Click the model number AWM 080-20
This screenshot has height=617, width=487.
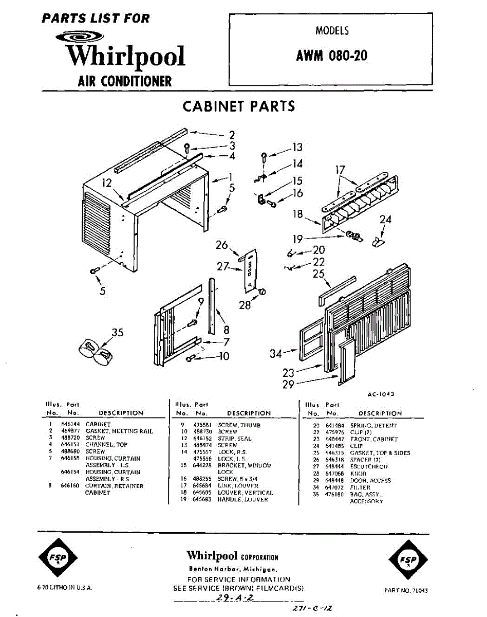(331, 55)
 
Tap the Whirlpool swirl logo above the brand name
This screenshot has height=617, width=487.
(80, 37)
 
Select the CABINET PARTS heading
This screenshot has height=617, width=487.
(239, 106)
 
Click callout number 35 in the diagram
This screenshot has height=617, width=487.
(118, 332)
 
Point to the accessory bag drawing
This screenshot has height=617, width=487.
(96, 351)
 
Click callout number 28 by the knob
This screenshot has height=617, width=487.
(245, 305)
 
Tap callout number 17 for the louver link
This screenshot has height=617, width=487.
(340, 170)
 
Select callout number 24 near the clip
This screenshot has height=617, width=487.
(385, 220)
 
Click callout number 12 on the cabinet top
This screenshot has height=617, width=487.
(106, 183)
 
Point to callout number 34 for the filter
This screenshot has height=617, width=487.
(276, 354)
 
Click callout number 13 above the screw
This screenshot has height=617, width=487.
(297, 148)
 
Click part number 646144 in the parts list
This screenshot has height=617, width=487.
(69, 425)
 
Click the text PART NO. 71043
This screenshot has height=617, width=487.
(406, 590)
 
